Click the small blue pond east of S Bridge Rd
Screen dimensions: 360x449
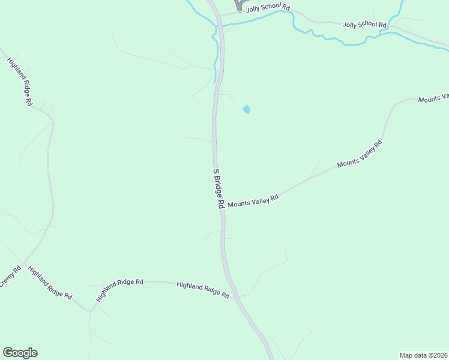click(246, 110)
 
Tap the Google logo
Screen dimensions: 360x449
click(20, 353)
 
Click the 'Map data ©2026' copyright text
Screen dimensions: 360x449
click(423, 355)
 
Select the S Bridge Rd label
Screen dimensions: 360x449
click(218, 188)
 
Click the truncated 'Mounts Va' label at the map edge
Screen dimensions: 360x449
click(433, 98)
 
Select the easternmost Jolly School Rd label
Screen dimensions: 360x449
click(365, 25)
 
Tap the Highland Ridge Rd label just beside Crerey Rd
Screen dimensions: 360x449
click(50, 284)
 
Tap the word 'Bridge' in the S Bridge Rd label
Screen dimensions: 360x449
click(218, 187)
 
